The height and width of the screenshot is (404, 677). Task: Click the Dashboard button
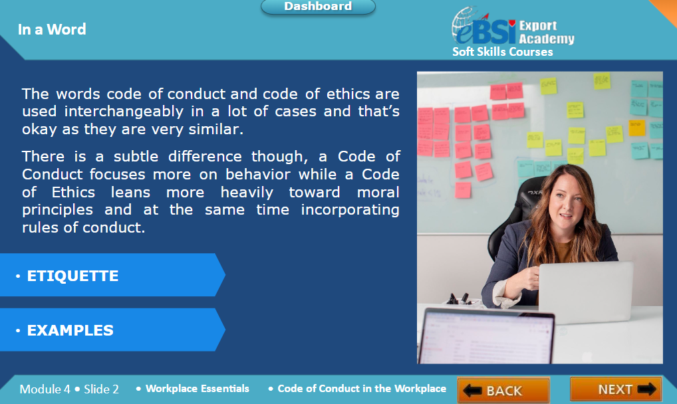[x=318, y=7]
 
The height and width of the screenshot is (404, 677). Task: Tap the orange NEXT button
[x=616, y=389]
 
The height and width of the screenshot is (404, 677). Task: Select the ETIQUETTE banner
[x=112, y=275]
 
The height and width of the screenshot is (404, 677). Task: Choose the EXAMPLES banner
[x=112, y=330]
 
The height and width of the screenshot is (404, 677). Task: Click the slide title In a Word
[x=52, y=29]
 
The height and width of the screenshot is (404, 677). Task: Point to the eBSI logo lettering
[x=485, y=30]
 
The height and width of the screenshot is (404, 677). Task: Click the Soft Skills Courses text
[x=503, y=52]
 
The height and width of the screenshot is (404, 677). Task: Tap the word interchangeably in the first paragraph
[x=124, y=112]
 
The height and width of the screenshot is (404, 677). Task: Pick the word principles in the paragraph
[x=57, y=210]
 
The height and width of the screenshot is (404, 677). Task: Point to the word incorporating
[x=350, y=210]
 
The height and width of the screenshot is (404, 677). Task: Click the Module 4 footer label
[x=45, y=389]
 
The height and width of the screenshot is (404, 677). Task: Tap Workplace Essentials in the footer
[x=198, y=389]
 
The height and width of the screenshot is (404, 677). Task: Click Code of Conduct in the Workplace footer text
[x=362, y=389]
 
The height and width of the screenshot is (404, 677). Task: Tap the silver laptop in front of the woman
[x=585, y=291]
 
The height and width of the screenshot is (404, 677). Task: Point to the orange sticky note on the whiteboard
[x=636, y=128]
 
